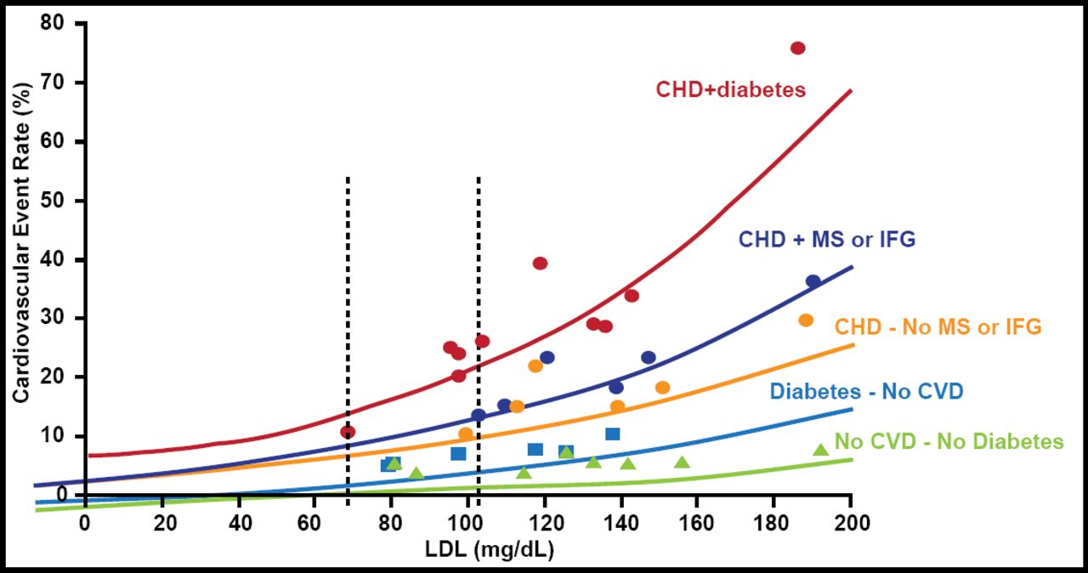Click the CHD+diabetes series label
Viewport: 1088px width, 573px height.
pyautogui.click(x=730, y=89)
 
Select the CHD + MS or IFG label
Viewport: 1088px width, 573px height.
pyautogui.click(x=826, y=240)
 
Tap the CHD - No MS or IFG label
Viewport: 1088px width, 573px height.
pyautogui.click(x=938, y=326)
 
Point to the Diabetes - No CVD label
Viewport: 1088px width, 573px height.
pyautogui.click(x=866, y=392)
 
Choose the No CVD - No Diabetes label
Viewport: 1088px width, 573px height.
pyautogui.click(x=949, y=441)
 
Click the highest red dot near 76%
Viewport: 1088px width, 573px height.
pyautogui.click(x=797, y=48)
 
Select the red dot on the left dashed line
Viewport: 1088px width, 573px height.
pyautogui.click(x=348, y=432)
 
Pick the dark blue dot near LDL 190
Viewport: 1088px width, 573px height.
pyautogui.click(x=813, y=281)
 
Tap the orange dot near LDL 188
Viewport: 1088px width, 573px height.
pyautogui.click(x=806, y=321)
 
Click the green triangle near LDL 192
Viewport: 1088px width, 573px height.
pyautogui.click(x=820, y=450)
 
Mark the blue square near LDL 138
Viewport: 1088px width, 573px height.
pyautogui.click(x=612, y=434)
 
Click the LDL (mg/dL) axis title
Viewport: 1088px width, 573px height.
pyautogui.click(x=489, y=551)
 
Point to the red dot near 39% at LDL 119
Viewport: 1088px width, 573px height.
pyautogui.click(x=540, y=264)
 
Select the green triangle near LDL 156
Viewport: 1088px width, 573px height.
pyautogui.click(x=682, y=462)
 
